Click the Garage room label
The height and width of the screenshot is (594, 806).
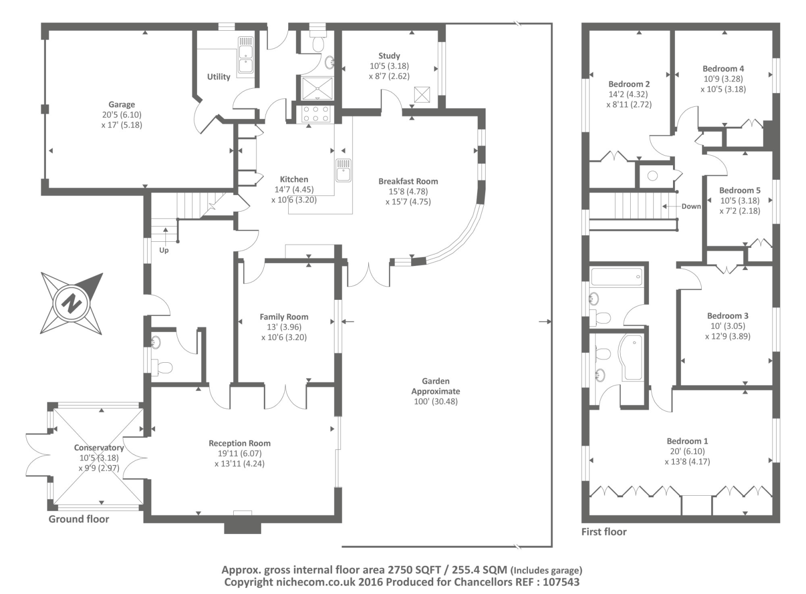pos(121,105)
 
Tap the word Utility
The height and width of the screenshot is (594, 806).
pos(219,77)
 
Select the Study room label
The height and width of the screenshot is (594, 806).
pos(389,56)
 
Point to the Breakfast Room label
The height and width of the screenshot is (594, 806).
pos(408,181)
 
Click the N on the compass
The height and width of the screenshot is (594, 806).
pos(72,303)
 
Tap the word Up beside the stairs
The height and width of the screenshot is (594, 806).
pos(164,250)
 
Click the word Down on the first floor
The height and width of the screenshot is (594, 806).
pos(691,207)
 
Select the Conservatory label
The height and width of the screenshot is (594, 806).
pos(99,447)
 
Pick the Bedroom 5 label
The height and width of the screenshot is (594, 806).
pos(740,190)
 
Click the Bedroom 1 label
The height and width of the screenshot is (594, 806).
pos(687,441)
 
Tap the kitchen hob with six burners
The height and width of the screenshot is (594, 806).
pos(315,114)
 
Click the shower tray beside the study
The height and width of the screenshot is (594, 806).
pos(317,88)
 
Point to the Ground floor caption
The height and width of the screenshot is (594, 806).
pos(79,519)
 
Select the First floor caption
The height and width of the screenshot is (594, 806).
pos(604,532)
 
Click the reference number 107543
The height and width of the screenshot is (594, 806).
pos(561,582)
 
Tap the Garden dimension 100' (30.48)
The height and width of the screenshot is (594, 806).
pos(436,402)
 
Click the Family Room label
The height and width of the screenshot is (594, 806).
pos(284,317)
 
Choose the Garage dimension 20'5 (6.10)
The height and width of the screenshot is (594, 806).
pos(121,115)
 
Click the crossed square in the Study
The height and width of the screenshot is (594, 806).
pos(422,94)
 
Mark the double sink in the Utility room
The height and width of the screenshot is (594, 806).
pos(246,55)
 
